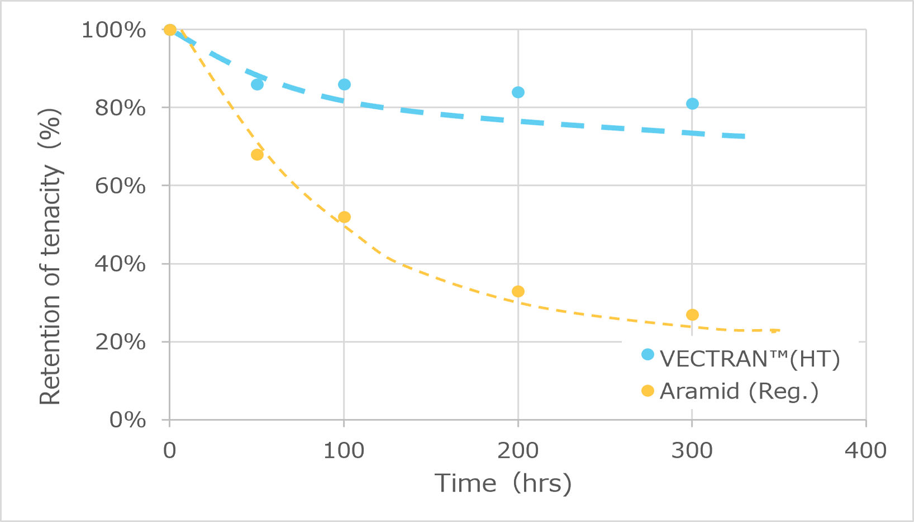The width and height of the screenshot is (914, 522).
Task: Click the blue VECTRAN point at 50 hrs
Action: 257,84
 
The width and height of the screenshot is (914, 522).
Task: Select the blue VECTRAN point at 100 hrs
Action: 344,84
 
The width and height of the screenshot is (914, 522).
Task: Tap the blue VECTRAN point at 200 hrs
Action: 518,92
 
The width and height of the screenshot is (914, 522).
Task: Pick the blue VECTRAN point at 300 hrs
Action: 692,104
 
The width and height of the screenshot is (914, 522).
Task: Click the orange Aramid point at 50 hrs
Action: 257,155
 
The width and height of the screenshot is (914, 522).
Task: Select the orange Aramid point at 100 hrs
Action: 344,217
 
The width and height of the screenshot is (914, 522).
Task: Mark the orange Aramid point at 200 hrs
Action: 518,291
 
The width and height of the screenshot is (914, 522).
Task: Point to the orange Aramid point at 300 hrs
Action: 692,315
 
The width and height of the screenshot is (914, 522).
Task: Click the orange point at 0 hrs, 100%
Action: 170,30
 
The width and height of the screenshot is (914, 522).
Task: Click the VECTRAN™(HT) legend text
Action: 750,359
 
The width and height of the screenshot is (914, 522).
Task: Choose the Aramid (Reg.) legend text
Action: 739,391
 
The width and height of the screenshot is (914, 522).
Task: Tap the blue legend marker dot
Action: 648,354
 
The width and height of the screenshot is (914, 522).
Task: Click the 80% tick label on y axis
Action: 120,108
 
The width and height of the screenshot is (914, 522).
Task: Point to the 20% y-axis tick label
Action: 120,342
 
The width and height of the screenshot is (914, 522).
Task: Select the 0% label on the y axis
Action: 127,420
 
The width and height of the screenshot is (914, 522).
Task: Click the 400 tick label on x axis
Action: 865,450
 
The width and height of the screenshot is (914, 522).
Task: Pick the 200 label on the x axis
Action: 518,450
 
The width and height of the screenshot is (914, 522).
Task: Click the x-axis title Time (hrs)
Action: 503,483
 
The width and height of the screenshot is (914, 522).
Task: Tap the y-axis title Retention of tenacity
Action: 50,257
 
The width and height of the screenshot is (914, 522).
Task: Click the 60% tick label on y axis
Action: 120,186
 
